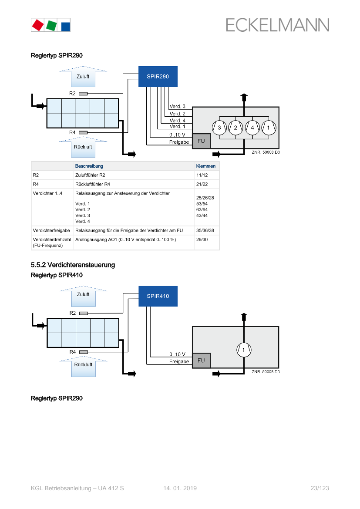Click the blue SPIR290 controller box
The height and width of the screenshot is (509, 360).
coord(158,77)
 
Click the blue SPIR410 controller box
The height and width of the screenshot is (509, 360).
coord(158,296)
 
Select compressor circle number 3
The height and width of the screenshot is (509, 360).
coord(219,128)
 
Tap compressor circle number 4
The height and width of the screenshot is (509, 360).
coord(252,128)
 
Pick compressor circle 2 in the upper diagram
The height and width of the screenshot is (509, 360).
coord(236,128)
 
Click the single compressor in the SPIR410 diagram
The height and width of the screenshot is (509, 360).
coord(244,350)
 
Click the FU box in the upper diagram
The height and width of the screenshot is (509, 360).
coord(201,141)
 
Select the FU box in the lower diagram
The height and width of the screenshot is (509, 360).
coord(201,361)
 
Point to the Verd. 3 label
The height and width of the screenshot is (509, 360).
coord(177,107)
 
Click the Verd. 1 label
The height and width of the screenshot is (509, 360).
coord(177,127)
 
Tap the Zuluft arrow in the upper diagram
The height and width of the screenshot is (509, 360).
coord(83,77)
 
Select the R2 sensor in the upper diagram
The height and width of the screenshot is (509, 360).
coord(83,94)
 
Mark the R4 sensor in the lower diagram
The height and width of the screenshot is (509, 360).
coord(83,352)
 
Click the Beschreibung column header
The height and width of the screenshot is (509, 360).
coord(89,166)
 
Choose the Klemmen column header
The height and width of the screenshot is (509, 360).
coord(206,166)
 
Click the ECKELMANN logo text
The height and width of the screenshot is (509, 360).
coord(277,25)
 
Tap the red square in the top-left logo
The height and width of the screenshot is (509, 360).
coord(38,25)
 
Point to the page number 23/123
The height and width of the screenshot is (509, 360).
coord(320,489)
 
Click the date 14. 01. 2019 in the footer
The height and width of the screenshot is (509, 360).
coord(180,489)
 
